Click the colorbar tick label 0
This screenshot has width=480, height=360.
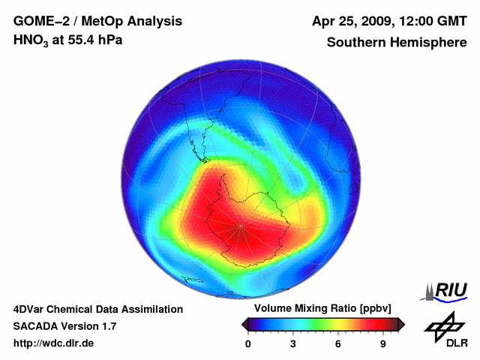[x=248, y=343]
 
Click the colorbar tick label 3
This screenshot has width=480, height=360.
[x=293, y=343]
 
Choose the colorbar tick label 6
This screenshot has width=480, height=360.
[x=338, y=343]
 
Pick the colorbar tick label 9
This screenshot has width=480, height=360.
[x=382, y=343]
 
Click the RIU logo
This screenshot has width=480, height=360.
[x=445, y=291]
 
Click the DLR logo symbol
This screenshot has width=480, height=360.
[x=445, y=325]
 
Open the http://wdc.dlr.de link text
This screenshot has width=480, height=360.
[x=54, y=343]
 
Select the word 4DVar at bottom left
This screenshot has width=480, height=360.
[x=30, y=309]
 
